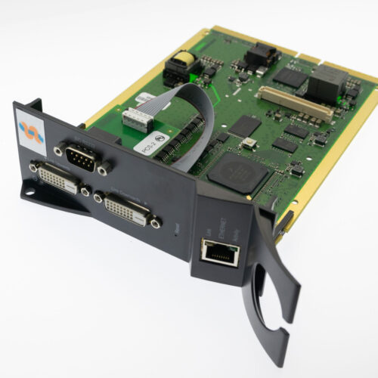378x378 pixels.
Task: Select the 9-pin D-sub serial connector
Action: point(80,159)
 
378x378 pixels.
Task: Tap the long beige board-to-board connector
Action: point(296,104)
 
